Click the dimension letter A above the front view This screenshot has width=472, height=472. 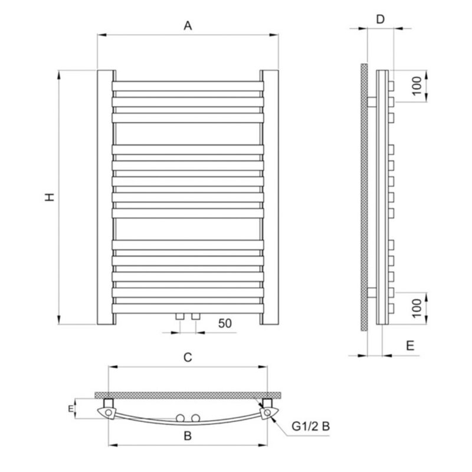[188, 25]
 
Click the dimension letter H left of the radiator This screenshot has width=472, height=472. [50, 197]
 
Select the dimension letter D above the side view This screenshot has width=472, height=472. [381, 19]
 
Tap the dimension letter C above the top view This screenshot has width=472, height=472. [188, 358]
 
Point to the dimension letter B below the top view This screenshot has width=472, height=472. [188, 435]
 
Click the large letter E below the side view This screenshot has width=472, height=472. [410, 346]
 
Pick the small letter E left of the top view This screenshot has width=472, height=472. [70, 408]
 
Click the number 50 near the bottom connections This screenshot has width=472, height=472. [225, 323]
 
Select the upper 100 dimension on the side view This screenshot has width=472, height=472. [417, 86]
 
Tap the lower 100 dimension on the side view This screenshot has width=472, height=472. [417, 308]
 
